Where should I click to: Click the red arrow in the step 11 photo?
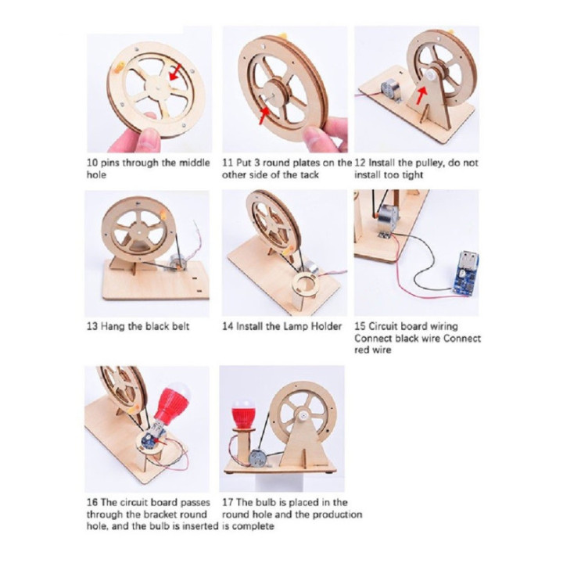264,116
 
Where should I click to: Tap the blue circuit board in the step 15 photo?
464,271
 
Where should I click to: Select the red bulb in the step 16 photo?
172,400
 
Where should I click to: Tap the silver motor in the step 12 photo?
390,91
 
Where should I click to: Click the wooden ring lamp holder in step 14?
304,285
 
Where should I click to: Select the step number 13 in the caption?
92,326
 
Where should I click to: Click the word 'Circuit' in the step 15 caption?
383,326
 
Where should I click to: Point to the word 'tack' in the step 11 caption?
310,175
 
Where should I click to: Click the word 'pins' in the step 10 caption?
109,163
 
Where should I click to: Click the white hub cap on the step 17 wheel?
302,416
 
